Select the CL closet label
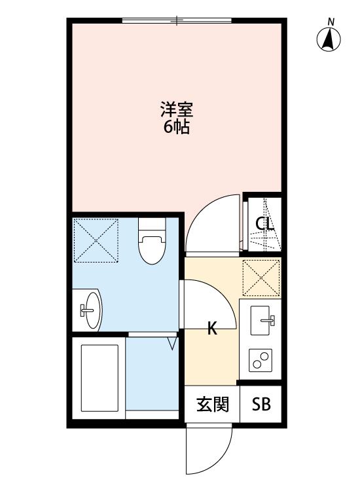click(x=264, y=224)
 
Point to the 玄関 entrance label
click(x=213, y=405)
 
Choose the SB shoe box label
click(x=262, y=405)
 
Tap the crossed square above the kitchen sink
click(x=261, y=278)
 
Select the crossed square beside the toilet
click(x=96, y=239)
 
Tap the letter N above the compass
click(x=331, y=22)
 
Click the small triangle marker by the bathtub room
click(x=173, y=342)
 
